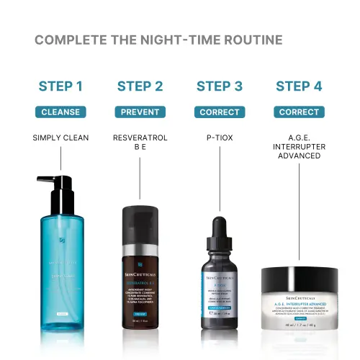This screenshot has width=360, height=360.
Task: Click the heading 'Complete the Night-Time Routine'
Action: [158, 40]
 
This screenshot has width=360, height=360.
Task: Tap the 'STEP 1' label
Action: [60, 87]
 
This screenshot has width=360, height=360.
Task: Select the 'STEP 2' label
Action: [140, 87]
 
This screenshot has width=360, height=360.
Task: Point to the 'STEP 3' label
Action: [219, 87]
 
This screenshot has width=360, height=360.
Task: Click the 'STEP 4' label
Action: [299, 87]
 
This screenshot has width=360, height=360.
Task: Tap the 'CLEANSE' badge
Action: [60, 112]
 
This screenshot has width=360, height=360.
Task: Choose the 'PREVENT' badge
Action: [140, 112]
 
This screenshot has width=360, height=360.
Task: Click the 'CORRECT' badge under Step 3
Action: [219, 112]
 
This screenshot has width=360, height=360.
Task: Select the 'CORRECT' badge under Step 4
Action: [299, 112]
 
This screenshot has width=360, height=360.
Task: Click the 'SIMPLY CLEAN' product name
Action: [60, 138]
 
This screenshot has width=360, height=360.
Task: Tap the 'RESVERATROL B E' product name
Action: [140, 143]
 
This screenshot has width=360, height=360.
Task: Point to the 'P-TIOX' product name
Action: [219, 138]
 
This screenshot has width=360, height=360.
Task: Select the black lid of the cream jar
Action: [299, 276]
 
